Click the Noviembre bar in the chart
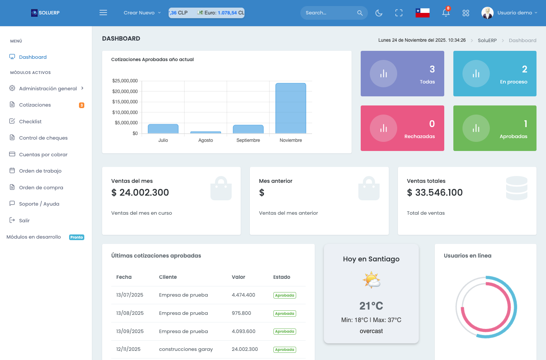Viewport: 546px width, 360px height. coord(290,108)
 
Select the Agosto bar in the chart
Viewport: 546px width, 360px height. coord(205,132)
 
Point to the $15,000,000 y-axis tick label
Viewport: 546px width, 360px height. coord(125,102)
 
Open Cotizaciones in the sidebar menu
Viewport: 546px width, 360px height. coord(35,105)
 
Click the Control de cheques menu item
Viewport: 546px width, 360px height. coord(43,138)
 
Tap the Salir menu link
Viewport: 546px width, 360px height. coord(24,220)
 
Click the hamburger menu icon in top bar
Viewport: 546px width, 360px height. coord(103,13)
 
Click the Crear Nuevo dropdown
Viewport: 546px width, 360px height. coord(142,13)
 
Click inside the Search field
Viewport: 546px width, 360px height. coord(330,13)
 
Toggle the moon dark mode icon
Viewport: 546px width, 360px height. coord(379,13)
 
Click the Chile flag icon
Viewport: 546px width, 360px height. coord(422,13)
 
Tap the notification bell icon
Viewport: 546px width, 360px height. coord(446,13)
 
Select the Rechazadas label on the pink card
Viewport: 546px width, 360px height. coord(420,137)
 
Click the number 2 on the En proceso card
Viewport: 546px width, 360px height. coord(524,69)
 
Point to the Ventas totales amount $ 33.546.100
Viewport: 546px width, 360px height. coord(435,193)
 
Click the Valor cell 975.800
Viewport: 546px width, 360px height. coord(241,313)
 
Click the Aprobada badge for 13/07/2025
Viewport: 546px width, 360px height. coord(284,296)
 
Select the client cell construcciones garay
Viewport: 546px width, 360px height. coord(186,349)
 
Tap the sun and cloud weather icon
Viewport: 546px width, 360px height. coord(371,280)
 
